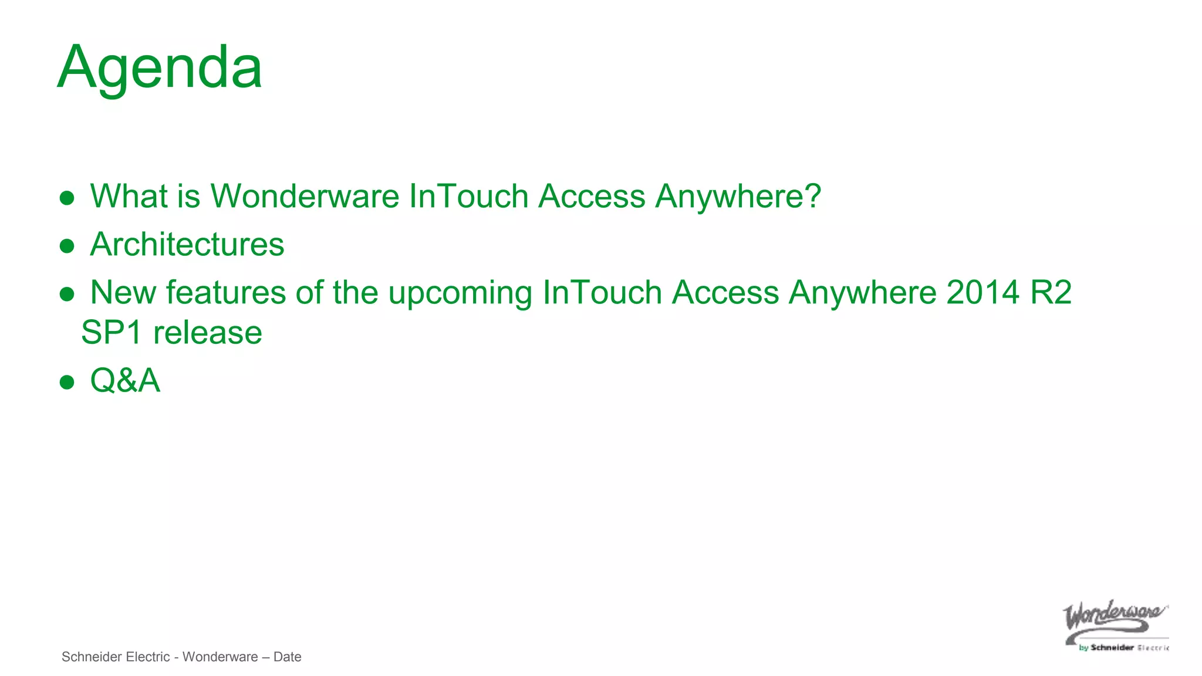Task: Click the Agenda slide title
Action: (x=160, y=67)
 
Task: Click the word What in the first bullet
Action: (x=129, y=196)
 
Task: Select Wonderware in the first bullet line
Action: (x=305, y=196)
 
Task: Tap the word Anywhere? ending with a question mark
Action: (x=738, y=196)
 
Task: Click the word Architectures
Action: (x=187, y=244)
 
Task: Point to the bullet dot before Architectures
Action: (x=67, y=246)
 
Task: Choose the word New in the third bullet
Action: (x=123, y=292)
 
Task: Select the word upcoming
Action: (x=460, y=293)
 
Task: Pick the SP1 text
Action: (x=112, y=333)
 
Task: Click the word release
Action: (x=208, y=333)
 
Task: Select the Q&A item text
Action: (x=125, y=380)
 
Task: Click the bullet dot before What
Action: (x=67, y=198)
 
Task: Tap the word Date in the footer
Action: (x=287, y=657)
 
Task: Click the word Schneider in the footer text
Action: (x=89, y=657)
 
